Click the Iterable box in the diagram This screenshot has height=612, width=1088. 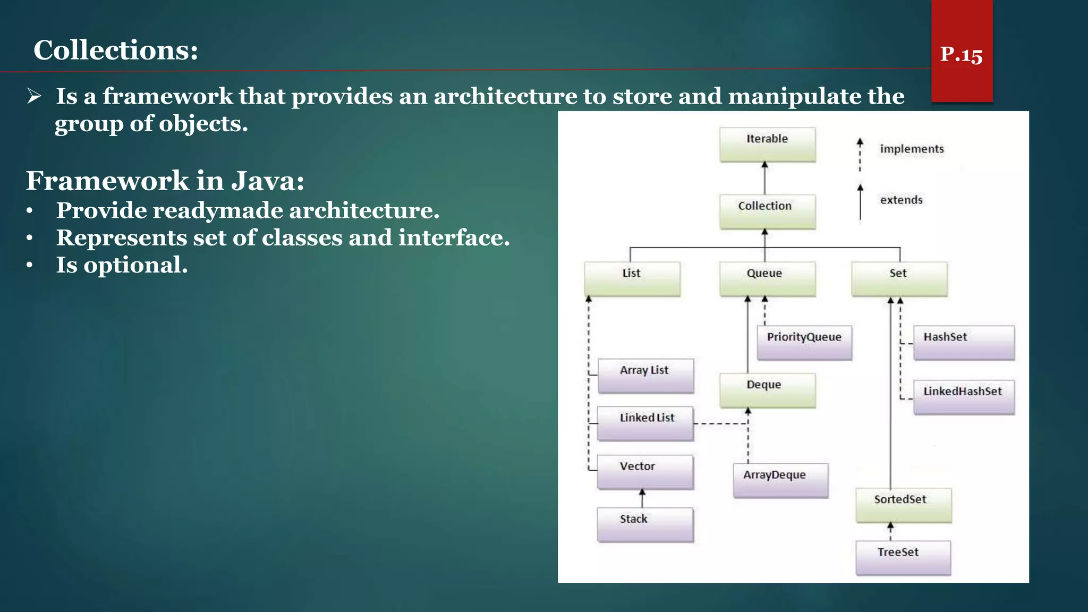tap(767, 144)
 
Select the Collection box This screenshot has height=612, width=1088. tap(767, 211)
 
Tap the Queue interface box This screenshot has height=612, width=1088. tap(767, 279)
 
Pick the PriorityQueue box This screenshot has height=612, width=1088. tap(804, 343)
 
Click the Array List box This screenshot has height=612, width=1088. tap(645, 376)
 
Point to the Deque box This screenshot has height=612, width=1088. tap(767, 390)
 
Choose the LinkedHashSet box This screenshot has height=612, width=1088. tap(963, 397)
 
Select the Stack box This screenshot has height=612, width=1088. tap(645, 524)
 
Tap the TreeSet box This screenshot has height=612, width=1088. tap(903, 557)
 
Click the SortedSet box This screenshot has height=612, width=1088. tap(903, 505)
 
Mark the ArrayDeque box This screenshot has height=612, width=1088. tap(780, 480)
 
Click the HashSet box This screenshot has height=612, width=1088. tap(963, 343)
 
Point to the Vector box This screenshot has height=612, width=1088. tap(645, 472)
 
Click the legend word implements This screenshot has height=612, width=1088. tap(912, 149)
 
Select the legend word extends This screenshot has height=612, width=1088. tap(901, 200)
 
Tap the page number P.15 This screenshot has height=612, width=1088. tap(961, 54)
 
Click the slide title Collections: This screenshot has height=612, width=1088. tap(116, 50)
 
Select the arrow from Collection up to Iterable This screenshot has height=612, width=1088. tap(764, 178)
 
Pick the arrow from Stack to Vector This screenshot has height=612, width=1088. tap(642, 498)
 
